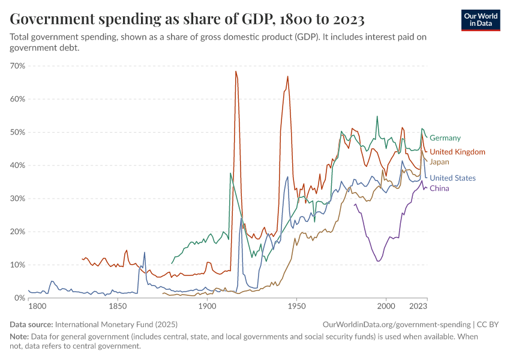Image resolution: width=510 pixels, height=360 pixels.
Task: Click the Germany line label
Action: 445,138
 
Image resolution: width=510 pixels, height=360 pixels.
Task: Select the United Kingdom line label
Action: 457,152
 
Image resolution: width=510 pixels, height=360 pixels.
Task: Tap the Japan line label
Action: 439,162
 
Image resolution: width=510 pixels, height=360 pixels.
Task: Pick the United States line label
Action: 452,178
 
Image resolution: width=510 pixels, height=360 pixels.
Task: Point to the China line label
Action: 439,188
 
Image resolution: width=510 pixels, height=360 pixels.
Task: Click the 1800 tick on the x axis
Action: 37,307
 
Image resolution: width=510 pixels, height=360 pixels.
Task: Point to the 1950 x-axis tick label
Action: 296,307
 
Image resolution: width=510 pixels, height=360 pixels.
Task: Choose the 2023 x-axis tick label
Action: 418,307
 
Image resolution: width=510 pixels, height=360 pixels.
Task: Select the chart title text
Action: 187,20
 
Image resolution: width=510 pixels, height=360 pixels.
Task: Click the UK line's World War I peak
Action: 236,71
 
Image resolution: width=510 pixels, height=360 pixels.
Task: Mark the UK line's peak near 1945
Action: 288,76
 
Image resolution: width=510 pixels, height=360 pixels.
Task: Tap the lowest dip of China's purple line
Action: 378,261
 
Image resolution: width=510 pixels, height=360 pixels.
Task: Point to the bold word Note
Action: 19,337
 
